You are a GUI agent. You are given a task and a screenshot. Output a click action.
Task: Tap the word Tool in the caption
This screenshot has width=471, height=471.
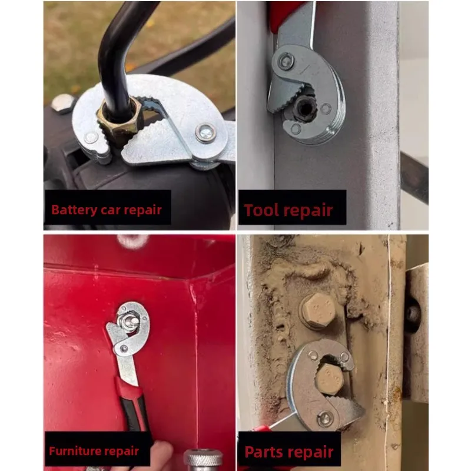click(x=258, y=210)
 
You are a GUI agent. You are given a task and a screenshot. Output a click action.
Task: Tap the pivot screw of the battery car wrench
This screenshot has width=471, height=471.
click(x=205, y=132)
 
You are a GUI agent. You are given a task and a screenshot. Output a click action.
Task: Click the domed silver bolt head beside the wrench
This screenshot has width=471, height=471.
click(x=63, y=104)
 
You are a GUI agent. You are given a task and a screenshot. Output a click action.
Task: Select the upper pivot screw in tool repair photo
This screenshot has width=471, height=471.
click(x=286, y=62)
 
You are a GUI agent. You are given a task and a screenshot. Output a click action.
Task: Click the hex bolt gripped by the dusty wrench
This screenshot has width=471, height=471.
click(x=329, y=379)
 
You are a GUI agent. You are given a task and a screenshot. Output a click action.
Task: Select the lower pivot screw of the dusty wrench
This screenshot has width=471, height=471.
click(x=326, y=419)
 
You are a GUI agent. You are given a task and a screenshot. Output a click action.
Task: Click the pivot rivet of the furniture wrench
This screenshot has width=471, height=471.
click(x=124, y=349)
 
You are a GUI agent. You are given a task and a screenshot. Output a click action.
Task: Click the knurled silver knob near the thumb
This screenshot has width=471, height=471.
click(x=203, y=459)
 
